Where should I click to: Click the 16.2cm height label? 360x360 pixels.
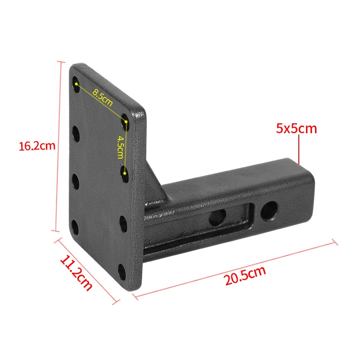37,146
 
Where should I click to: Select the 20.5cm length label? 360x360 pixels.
245,276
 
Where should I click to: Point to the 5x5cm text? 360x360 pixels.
296,128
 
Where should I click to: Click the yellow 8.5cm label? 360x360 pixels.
103,98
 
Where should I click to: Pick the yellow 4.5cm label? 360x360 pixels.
120,147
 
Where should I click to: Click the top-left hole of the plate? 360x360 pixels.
76,84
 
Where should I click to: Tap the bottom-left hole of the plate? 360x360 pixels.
75,228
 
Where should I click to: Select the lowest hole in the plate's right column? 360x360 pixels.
122,272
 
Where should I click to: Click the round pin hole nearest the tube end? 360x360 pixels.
269,211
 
